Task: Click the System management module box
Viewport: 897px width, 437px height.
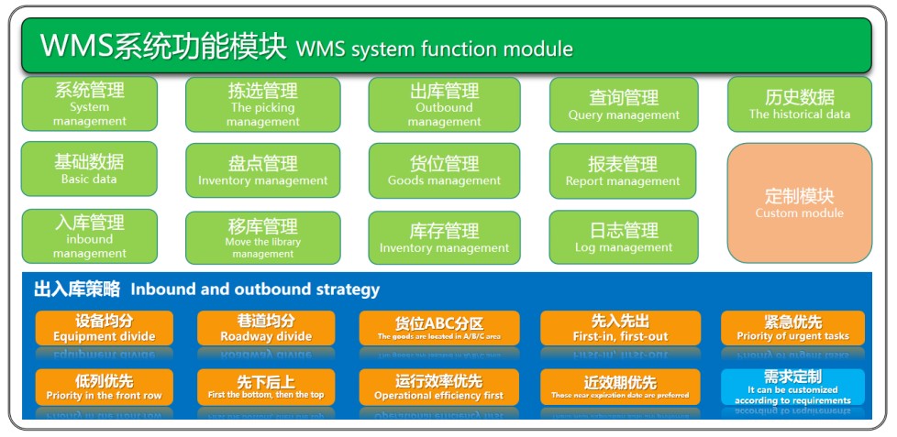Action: point(89,104)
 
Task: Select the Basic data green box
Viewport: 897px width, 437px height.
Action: point(89,169)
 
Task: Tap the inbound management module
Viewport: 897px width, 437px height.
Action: point(89,235)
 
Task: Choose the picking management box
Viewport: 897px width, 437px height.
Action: point(262,104)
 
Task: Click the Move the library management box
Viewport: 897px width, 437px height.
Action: point(262,237)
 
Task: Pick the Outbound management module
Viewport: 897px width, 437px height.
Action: point(444,104)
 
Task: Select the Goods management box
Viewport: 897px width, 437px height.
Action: point(444,170)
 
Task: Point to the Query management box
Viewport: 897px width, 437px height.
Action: point(624,104)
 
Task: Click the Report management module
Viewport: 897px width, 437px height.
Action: point(623,170)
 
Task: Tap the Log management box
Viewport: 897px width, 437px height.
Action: point(623,236)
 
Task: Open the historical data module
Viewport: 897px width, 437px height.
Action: point(799,104)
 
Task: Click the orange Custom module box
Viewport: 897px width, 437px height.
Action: point(799,202)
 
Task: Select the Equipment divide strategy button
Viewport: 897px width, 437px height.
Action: point(103,328)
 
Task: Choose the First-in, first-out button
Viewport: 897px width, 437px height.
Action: point(619,328)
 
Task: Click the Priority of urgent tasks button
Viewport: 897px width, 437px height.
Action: point(792,328)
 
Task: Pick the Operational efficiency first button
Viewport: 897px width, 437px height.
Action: point(438,388)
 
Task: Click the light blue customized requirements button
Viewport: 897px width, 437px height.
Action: point(792,387)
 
